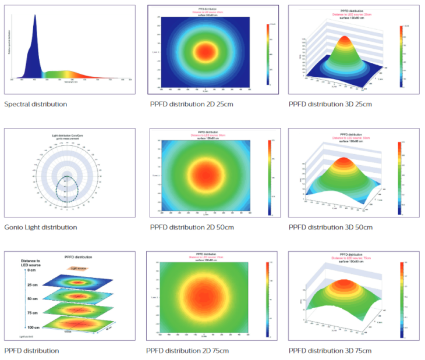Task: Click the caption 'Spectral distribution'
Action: pyautogui.click(x=36, y=104)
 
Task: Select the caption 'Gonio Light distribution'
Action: pyautogui.click(x=41, y=227)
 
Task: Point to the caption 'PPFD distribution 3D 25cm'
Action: pyautogui.click(x=330, y=104)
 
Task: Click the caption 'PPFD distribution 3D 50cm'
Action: pyautogui.click(x=331, y=227)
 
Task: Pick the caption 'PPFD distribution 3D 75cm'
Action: pyautogui.click(x=330, y=351)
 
